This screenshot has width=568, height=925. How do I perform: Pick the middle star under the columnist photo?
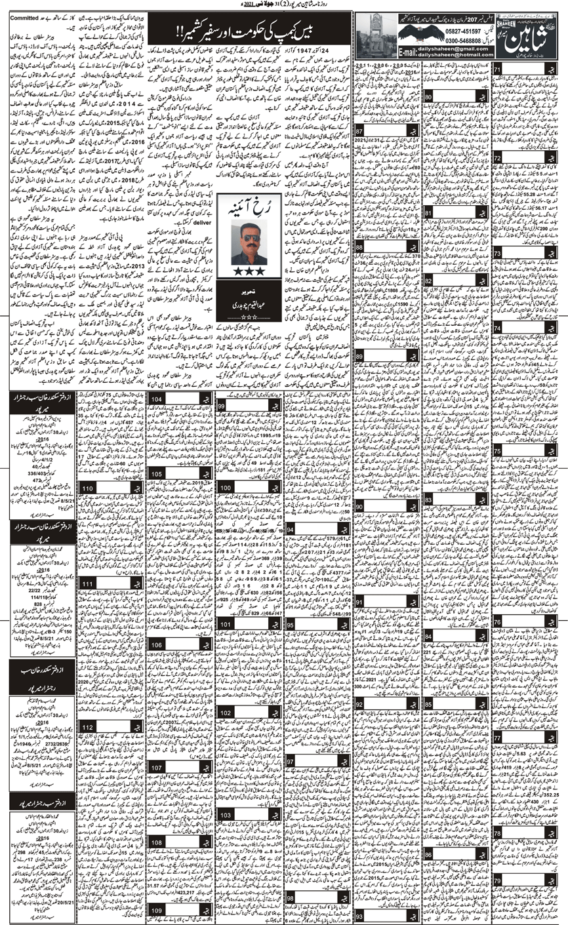pyautogui.click(x=249, y=271)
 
